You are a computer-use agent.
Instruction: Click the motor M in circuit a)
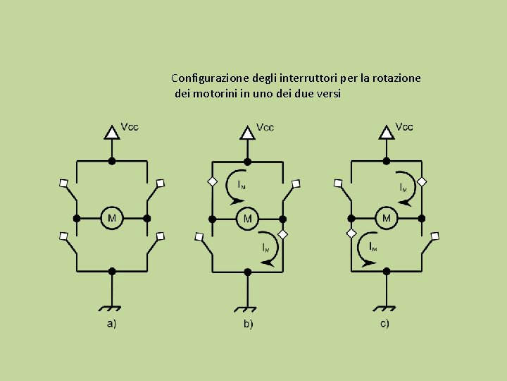tap(112, 218)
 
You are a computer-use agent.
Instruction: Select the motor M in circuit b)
tap(247, 218)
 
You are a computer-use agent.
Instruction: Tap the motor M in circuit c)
tap(386, 218)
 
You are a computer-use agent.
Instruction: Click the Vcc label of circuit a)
tap(130, 127)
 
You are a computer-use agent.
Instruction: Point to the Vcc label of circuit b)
tap(265, 128)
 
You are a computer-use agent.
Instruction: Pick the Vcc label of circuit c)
tap(404, 127)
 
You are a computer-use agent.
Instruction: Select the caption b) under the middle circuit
tap(248, 324)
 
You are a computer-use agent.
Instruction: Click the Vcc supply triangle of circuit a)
tap(111, 132)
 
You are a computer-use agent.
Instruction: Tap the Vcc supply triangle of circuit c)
tap(387, 132)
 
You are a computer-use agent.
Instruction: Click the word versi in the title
tap(326, 93)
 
